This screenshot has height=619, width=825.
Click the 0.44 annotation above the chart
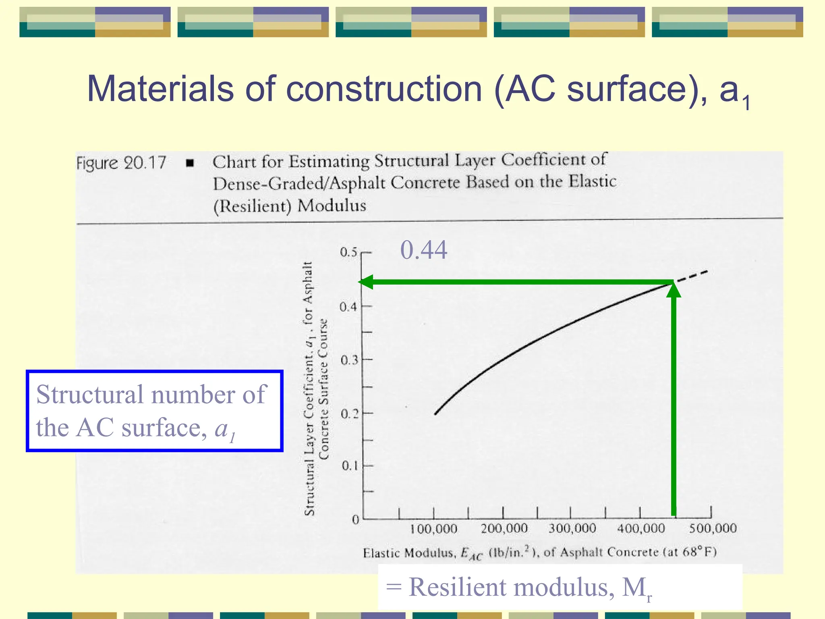(x=423, y=250)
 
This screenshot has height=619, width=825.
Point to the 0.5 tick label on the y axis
(x=348, y=252)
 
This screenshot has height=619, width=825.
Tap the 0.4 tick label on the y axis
(x=348, y=307)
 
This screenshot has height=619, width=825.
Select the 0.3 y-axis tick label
(x=349, y=360)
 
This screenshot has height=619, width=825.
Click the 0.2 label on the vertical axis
(x=349, y=413)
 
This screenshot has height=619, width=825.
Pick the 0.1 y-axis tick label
(x=350, y=466)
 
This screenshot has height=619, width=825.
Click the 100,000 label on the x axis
(x=433, y=529)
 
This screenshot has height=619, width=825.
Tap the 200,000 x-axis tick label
(x=504, y=528)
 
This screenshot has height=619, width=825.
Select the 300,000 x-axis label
(x=572, y=528)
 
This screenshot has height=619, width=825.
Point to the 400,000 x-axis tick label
(x=641, y=528)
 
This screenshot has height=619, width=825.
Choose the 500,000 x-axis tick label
(x=713, y=528)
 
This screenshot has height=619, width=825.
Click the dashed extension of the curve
(x=692, y=276)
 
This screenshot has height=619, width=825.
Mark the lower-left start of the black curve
(x=436, y=413)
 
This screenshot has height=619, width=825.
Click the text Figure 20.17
(x=121, y=163)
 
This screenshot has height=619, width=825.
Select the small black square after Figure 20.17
(x=190, y=163)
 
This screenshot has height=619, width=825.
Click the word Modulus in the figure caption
(x=332, y=206)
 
